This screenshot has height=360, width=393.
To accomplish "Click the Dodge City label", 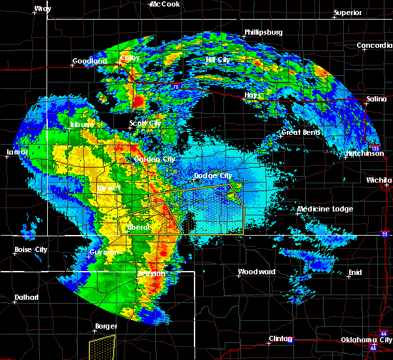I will pyautogui.click(x=213, y=175).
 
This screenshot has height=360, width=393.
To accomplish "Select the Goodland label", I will pyautogui.click(x=90, y=61).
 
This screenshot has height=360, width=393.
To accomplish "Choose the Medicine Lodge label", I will pyautogui.click(x=325, y=209).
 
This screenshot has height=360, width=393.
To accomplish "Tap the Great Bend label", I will pyautogui.click(x=301, y=132).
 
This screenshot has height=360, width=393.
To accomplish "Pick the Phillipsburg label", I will pyautogui.click(x=263, y=32).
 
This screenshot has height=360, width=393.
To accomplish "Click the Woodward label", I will pyautogui.click(x=256, y=272).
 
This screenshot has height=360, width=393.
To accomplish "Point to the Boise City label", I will pyautogui.click(x=31, y=249).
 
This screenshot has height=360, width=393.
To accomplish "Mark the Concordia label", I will pyautogui.click(x=375, y=45).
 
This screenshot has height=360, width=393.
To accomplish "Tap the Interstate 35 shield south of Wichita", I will pyautogui.click(x=385, y=233).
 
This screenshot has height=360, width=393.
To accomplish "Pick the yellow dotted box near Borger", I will pyautogui.click(x=102, y=347).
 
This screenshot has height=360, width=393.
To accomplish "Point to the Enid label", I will pyautogui.click(x=354, y=272).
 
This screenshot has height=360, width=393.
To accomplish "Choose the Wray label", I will pyautogui.click(x=43, y=9).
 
